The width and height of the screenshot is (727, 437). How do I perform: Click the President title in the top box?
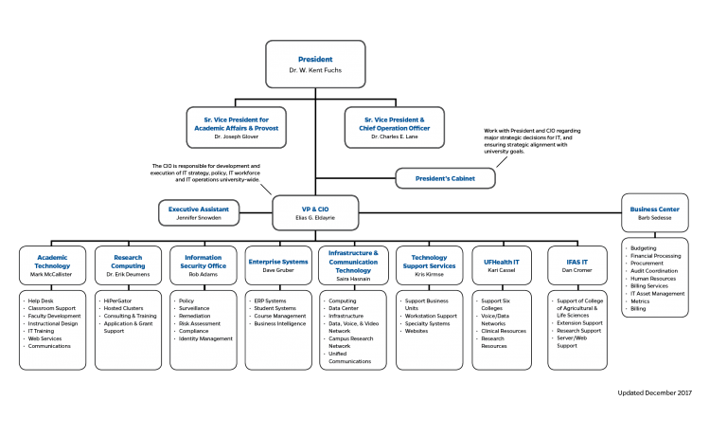click(314, 60)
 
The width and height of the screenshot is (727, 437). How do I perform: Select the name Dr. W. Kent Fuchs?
click(314, 71)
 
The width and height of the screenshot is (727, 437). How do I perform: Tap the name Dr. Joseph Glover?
click(236, 137)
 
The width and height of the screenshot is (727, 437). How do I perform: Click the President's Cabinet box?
click(444, 177)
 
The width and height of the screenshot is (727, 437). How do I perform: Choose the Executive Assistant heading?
click(199, 209)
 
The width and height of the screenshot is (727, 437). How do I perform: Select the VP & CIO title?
click(315, 209)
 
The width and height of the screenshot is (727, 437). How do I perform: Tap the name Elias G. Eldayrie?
click(315, 218)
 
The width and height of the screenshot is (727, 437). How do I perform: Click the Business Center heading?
click(654, 209)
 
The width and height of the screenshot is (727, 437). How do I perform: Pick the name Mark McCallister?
click(52, 274)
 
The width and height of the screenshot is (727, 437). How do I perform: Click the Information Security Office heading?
click(204, 262)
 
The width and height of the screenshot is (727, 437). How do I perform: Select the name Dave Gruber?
click(277, 270)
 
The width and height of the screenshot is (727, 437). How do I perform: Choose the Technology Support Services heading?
click(429, 262)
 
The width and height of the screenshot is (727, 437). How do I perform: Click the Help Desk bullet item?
click(44, 301)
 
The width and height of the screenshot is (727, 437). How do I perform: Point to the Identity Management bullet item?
click(206, 338)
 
